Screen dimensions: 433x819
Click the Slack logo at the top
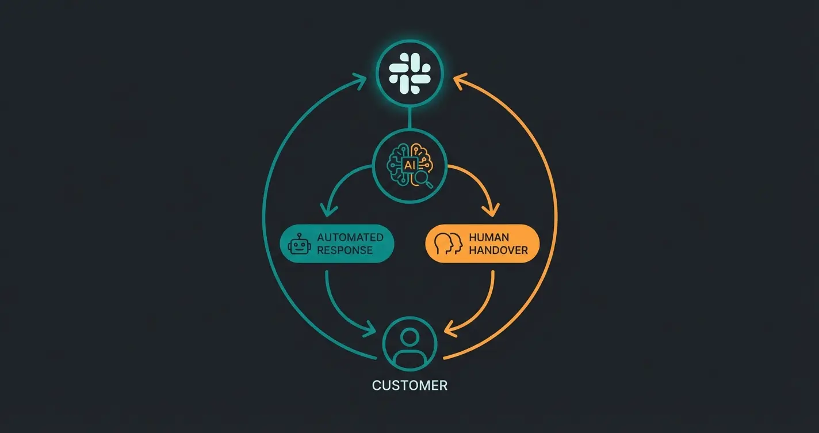[x=409, y=73]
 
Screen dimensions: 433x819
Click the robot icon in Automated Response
[x=298, y=244]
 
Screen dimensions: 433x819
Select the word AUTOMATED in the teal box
[x=350, y=237]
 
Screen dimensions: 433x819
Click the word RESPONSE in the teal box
[x=345, y=250]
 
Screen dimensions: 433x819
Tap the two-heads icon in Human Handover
[x=449, y=244]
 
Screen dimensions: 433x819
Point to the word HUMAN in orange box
[x=489, y=237]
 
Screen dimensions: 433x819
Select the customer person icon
[x=409, y=344]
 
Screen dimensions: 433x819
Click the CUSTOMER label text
[x=409, y=385]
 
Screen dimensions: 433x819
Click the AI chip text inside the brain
[x=409, y=165]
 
